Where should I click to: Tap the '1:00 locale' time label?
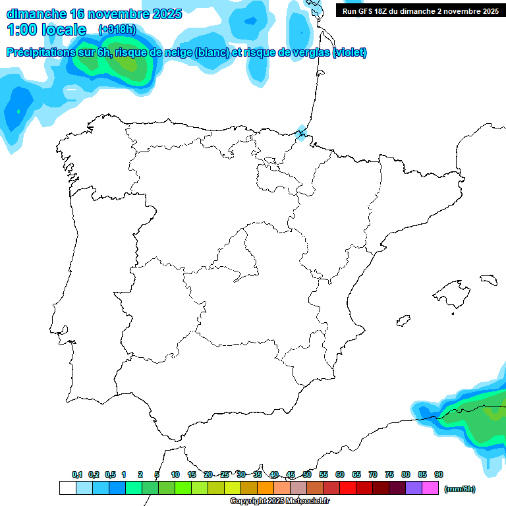46,30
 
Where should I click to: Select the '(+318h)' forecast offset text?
117,30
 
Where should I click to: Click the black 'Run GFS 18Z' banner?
420,11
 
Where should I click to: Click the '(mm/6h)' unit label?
459,489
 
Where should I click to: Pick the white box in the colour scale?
67,488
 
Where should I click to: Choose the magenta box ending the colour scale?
430,488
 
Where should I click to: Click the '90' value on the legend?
438,474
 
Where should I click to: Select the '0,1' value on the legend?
77,474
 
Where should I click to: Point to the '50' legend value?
307,474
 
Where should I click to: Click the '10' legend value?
175,474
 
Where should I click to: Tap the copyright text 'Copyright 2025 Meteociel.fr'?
279,501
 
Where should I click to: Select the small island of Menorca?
488,279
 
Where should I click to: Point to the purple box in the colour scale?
414,488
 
